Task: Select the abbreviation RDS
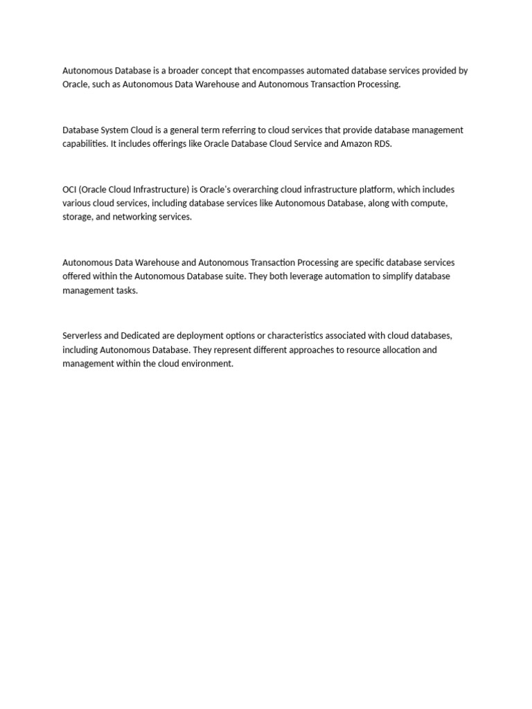382,144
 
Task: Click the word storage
77,217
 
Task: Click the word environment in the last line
207,364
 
